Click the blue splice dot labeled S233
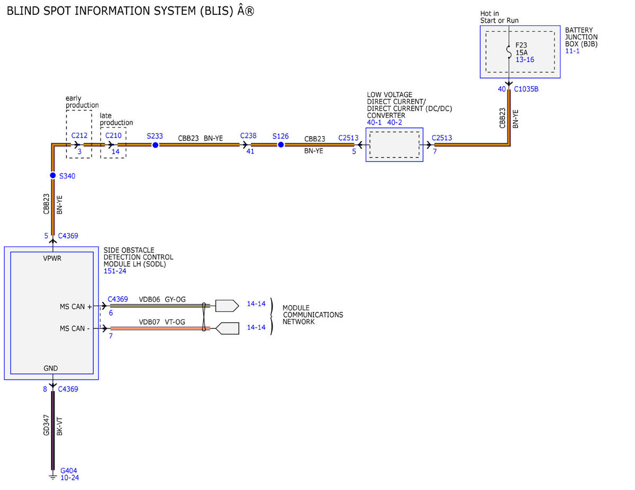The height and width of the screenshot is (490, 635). tap(155, 145)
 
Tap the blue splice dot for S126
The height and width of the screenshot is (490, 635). tap(280, 144)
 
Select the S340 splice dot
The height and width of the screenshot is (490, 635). tap(52, 175)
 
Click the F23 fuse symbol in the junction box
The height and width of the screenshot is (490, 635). tap(509, 52)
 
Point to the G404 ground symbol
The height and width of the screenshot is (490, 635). tap(52, 477)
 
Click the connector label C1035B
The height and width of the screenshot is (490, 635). tap(526, 89)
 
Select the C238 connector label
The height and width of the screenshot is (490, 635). tap(248, 136)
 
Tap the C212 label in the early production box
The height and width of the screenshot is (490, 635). tap(79, 135)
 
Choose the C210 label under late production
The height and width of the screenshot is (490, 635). tap(113, 135)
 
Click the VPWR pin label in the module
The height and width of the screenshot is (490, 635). tap(52, 258)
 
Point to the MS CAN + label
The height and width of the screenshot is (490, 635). tap(75, 307)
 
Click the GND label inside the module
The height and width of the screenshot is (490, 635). tap(51, 368)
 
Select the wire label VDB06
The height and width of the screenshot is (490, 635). tap(149, 299)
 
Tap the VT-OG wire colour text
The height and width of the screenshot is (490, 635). tap(175, 322)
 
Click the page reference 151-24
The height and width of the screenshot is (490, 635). tap(115, 271)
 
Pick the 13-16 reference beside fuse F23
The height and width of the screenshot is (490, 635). tap(524, 60)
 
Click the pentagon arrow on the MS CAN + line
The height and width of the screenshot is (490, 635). tap(227, 306)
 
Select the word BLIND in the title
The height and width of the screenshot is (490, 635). tap(23, 11)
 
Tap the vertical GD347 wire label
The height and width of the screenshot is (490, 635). tap(46, 425)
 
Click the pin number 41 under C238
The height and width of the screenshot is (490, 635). tap(250, 151)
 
